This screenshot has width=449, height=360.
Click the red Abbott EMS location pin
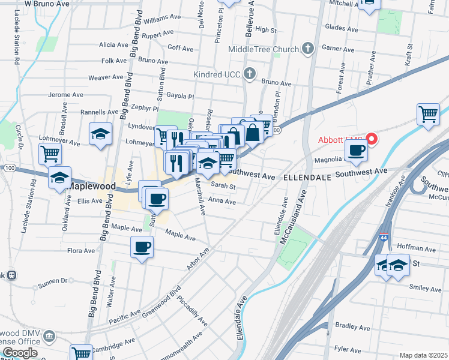(372, 139)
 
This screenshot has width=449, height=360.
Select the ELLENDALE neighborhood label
(307, 178)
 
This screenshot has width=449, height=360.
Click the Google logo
(20, 353)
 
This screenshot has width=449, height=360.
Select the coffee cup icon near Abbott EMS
(357, 150)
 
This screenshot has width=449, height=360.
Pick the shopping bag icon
(253, 133)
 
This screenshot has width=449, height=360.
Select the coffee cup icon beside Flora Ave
(142, 247)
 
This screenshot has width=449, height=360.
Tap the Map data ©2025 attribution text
(423, 355)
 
